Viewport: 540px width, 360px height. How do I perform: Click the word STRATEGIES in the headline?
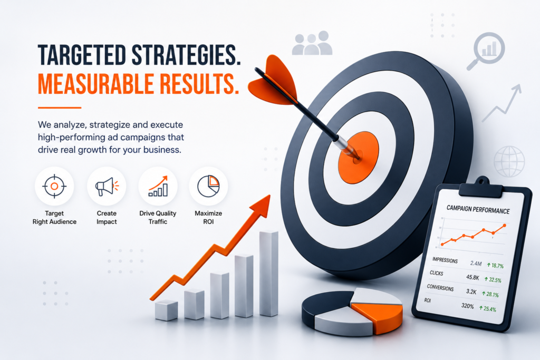click(186, 55)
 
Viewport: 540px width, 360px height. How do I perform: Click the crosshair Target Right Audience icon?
click(54, 186)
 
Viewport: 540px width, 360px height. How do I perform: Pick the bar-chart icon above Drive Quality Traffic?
click(158, 186)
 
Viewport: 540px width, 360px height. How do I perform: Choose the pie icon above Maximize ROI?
click(208, 186)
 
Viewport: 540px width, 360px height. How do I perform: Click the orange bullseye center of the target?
click(359, 157)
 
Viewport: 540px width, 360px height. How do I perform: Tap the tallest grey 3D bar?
click(268, 274)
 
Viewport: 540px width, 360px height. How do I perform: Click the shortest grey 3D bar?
click(166, 310)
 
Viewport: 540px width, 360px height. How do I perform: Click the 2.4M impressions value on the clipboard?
click(476, 264)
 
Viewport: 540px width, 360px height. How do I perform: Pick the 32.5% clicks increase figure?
click(493, 279)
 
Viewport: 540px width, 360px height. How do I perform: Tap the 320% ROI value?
click(467, 306)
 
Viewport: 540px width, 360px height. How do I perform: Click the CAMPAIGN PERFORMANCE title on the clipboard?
click(478, 209)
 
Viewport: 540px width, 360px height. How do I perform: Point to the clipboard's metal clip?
click(481, 187)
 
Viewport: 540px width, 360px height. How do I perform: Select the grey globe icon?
click(509, 161)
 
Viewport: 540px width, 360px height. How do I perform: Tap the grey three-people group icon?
click(312, 43)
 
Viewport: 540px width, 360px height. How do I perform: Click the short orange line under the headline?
click(60, 108)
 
